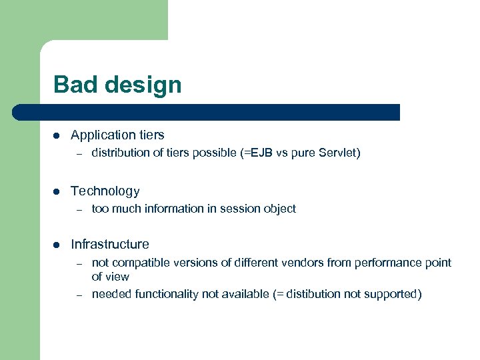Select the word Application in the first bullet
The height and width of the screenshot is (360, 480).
click(x=100, y=135)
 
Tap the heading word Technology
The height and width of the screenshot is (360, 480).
click(x=105, y=191)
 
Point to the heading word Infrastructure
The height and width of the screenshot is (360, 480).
click(x=109, y=245)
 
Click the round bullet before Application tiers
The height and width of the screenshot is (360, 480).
click(x=57, y=135)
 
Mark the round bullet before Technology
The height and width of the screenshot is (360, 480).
click(x=57, y=191)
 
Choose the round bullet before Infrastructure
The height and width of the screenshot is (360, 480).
click(x=57, y=245)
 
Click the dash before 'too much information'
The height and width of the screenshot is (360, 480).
click(x=78, y=209)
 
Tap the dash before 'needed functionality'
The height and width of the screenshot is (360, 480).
click(x=78, y=295)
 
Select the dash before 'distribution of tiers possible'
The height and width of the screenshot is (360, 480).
click(x=78, y=153)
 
